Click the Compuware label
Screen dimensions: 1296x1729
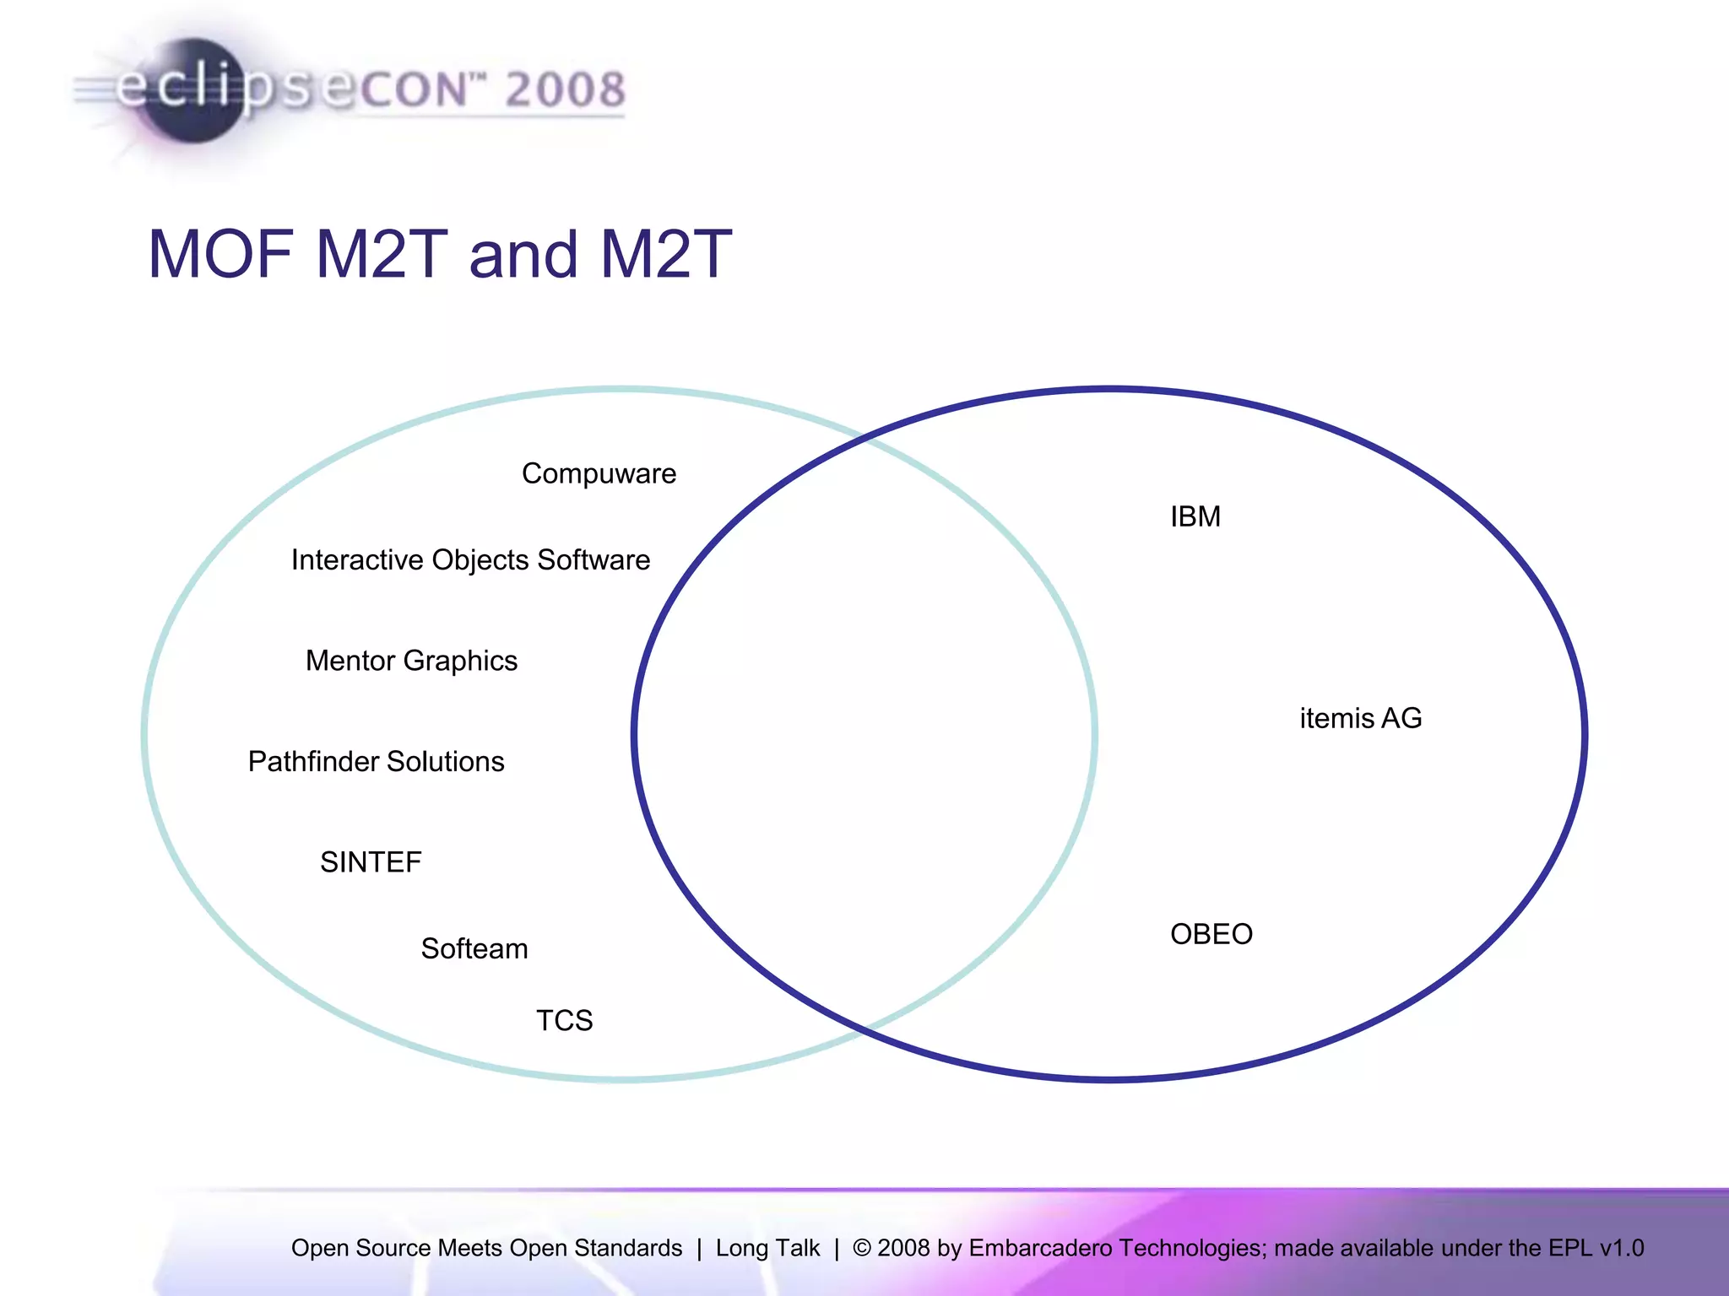599,474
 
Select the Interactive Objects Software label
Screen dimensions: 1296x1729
470,560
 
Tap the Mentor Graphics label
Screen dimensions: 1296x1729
411,661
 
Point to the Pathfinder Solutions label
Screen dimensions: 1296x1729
376,762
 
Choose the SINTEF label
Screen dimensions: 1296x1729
371,862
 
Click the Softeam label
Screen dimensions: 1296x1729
474,949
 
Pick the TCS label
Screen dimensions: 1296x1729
564,1021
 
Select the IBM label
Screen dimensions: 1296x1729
1195,516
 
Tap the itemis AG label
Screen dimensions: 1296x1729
1361,719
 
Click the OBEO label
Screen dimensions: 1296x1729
1211,935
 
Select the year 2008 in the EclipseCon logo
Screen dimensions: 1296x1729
565,89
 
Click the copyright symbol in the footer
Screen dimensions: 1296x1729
862,1248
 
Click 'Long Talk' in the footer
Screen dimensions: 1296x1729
767,1248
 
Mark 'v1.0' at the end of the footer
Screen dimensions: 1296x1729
1621,1248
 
